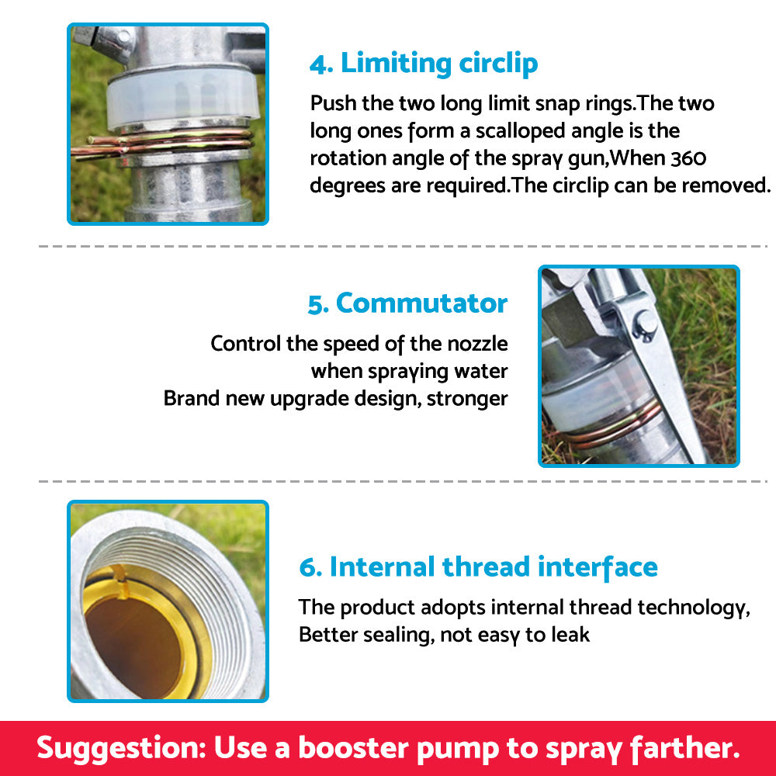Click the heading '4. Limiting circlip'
tap(424, 64)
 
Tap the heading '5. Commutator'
tap(407, 303)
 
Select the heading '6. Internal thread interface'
tap(478, 566)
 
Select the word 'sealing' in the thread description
tap(395, 634)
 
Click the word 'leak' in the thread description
tap(571, 634)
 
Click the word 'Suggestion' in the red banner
tap(120, 748)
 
